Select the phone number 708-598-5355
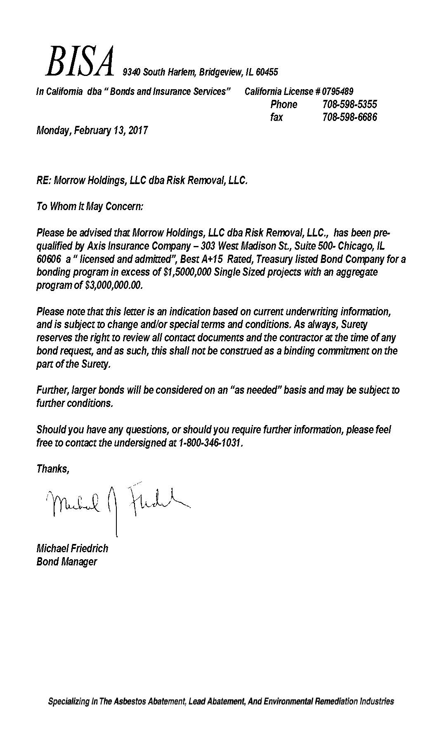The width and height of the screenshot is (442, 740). tap(349, 104)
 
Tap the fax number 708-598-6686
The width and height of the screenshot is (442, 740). tap(349, 117)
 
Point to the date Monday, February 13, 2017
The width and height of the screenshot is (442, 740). tap(92, 131)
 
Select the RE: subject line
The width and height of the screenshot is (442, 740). tap(142, 180)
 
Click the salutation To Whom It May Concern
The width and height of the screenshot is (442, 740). tap(90, 206)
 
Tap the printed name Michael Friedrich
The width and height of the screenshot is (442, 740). tap(72, 548)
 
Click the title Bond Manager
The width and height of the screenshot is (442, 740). tap(67, 562)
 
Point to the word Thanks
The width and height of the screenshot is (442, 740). tap(52, 469)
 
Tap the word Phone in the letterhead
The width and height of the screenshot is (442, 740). tap(284, 104)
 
